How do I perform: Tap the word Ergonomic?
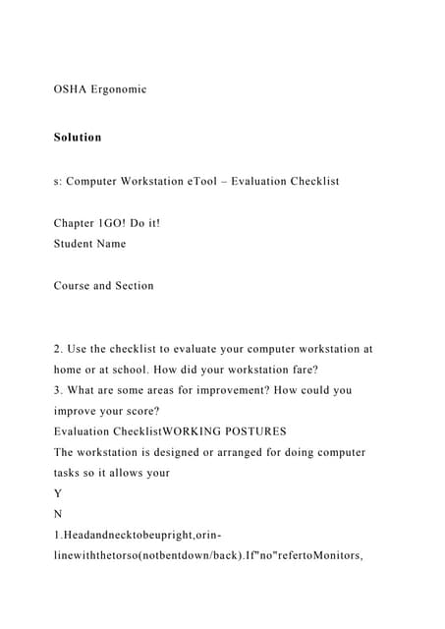pyautogui.click(x=120, y=89)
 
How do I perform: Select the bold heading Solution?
pyautogui.click(x=78, y=137)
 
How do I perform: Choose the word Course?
pyautogui.click(x=75, y=286)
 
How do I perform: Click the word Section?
pyautogui.click(x=133, y=286)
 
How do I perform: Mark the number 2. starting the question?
pyautogui.click(x=58, y=349)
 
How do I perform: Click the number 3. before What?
pyautogui.click(x=58, y=390)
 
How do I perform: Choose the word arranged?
pyautogui.click(x=253, y=452)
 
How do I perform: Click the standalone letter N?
pyautogui.click(x=58, y=514)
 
